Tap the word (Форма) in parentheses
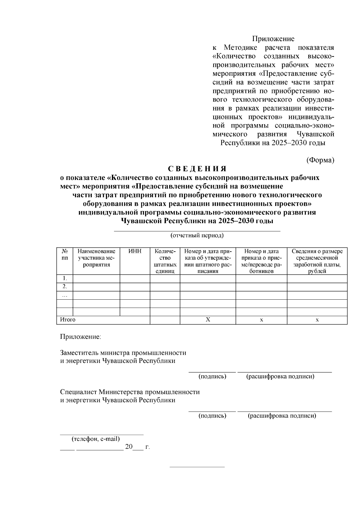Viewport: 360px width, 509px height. pyautogui.click(x=320, y=160)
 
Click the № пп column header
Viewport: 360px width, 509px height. pyautogui.click(x=64, y=254)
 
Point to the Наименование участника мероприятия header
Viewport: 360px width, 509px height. pyautogui.click(x=96, y=258)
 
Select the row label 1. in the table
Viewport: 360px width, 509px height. pyautogui.click(x=64, y=279)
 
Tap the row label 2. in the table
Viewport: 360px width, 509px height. pyautogui.click(x=64, y=287)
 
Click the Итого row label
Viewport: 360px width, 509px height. pyautogui.click(x=68, y=320)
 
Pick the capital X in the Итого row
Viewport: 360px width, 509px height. pyautogui.click(x=208, y=320)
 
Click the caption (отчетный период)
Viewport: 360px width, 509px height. pyautogui.click(x=197, y=235)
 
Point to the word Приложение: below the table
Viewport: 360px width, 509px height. pyautogui.click(x=81, y=337)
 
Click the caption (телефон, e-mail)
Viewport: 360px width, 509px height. pyautogui.click(x=95, y=439)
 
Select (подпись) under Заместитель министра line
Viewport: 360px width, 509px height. pyautogui.click(x=212, y=376)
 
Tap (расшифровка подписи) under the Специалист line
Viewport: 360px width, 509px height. pyautogui.click(x=282, y=416)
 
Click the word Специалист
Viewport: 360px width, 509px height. pyautogui.click(x=79, y=392)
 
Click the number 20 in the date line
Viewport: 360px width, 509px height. pyautogui.click(x=128, y=447)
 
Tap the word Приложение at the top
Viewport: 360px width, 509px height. pyautogui.click(x=273, y=39)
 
